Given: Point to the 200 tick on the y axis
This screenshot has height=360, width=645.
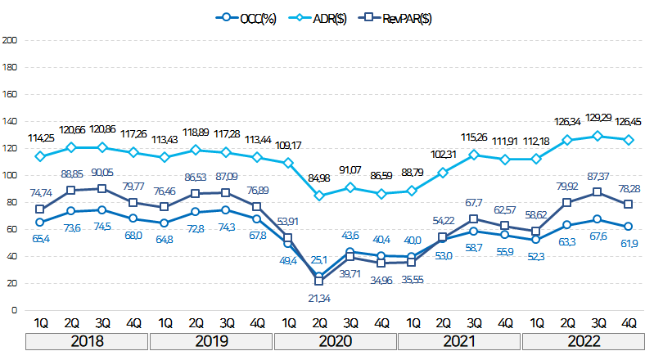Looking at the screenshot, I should [10, 40].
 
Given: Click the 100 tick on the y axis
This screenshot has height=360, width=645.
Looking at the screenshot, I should [10, 175].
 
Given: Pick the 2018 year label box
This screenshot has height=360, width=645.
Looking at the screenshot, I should [86, 340].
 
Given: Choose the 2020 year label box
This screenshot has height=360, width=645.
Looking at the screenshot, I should [335, 340].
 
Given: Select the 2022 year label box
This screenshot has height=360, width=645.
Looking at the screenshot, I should [583, 340].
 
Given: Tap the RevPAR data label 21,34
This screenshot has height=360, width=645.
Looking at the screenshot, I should [320, 299].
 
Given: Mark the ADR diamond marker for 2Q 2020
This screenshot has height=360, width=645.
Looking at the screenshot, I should [319, 196].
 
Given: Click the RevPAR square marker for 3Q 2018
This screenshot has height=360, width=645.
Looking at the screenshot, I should [101, 189].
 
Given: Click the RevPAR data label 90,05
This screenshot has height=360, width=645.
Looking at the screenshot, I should [101, 173].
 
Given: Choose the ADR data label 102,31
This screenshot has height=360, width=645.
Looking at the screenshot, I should [442, 155].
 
